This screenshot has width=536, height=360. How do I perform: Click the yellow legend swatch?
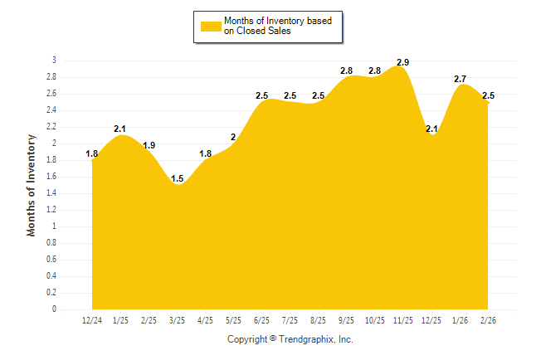point(210,26)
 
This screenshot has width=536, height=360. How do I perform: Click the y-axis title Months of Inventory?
point(32,185)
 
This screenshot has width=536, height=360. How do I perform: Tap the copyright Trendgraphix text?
point(290,339)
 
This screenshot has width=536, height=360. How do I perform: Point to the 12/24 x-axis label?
point(92,320)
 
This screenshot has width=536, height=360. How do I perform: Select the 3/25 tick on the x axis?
point(177,320)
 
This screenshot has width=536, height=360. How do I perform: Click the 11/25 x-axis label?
point(403,320)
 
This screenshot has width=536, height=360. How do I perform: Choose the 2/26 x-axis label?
point(488,320)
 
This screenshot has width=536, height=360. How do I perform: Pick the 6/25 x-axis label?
point(261,320)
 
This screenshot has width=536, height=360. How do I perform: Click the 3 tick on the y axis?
point(54,61)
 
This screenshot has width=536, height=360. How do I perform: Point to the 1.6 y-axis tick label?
point(51,177)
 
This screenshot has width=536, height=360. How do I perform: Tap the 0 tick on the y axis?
point(54,309)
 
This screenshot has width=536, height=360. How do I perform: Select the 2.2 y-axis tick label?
point(51,127)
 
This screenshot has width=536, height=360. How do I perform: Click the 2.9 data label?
point(403,62)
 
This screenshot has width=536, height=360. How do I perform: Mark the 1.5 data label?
point(177,178)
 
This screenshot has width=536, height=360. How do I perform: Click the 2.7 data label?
point(460,79)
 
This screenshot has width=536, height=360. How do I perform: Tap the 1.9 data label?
point(149,145)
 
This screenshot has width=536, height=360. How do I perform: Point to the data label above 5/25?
point(233,137)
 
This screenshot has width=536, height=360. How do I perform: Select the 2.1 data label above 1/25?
point(120,129)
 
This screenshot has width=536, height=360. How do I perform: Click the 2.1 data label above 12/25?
point(431,129)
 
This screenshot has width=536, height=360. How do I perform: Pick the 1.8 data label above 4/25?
point(205,153)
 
